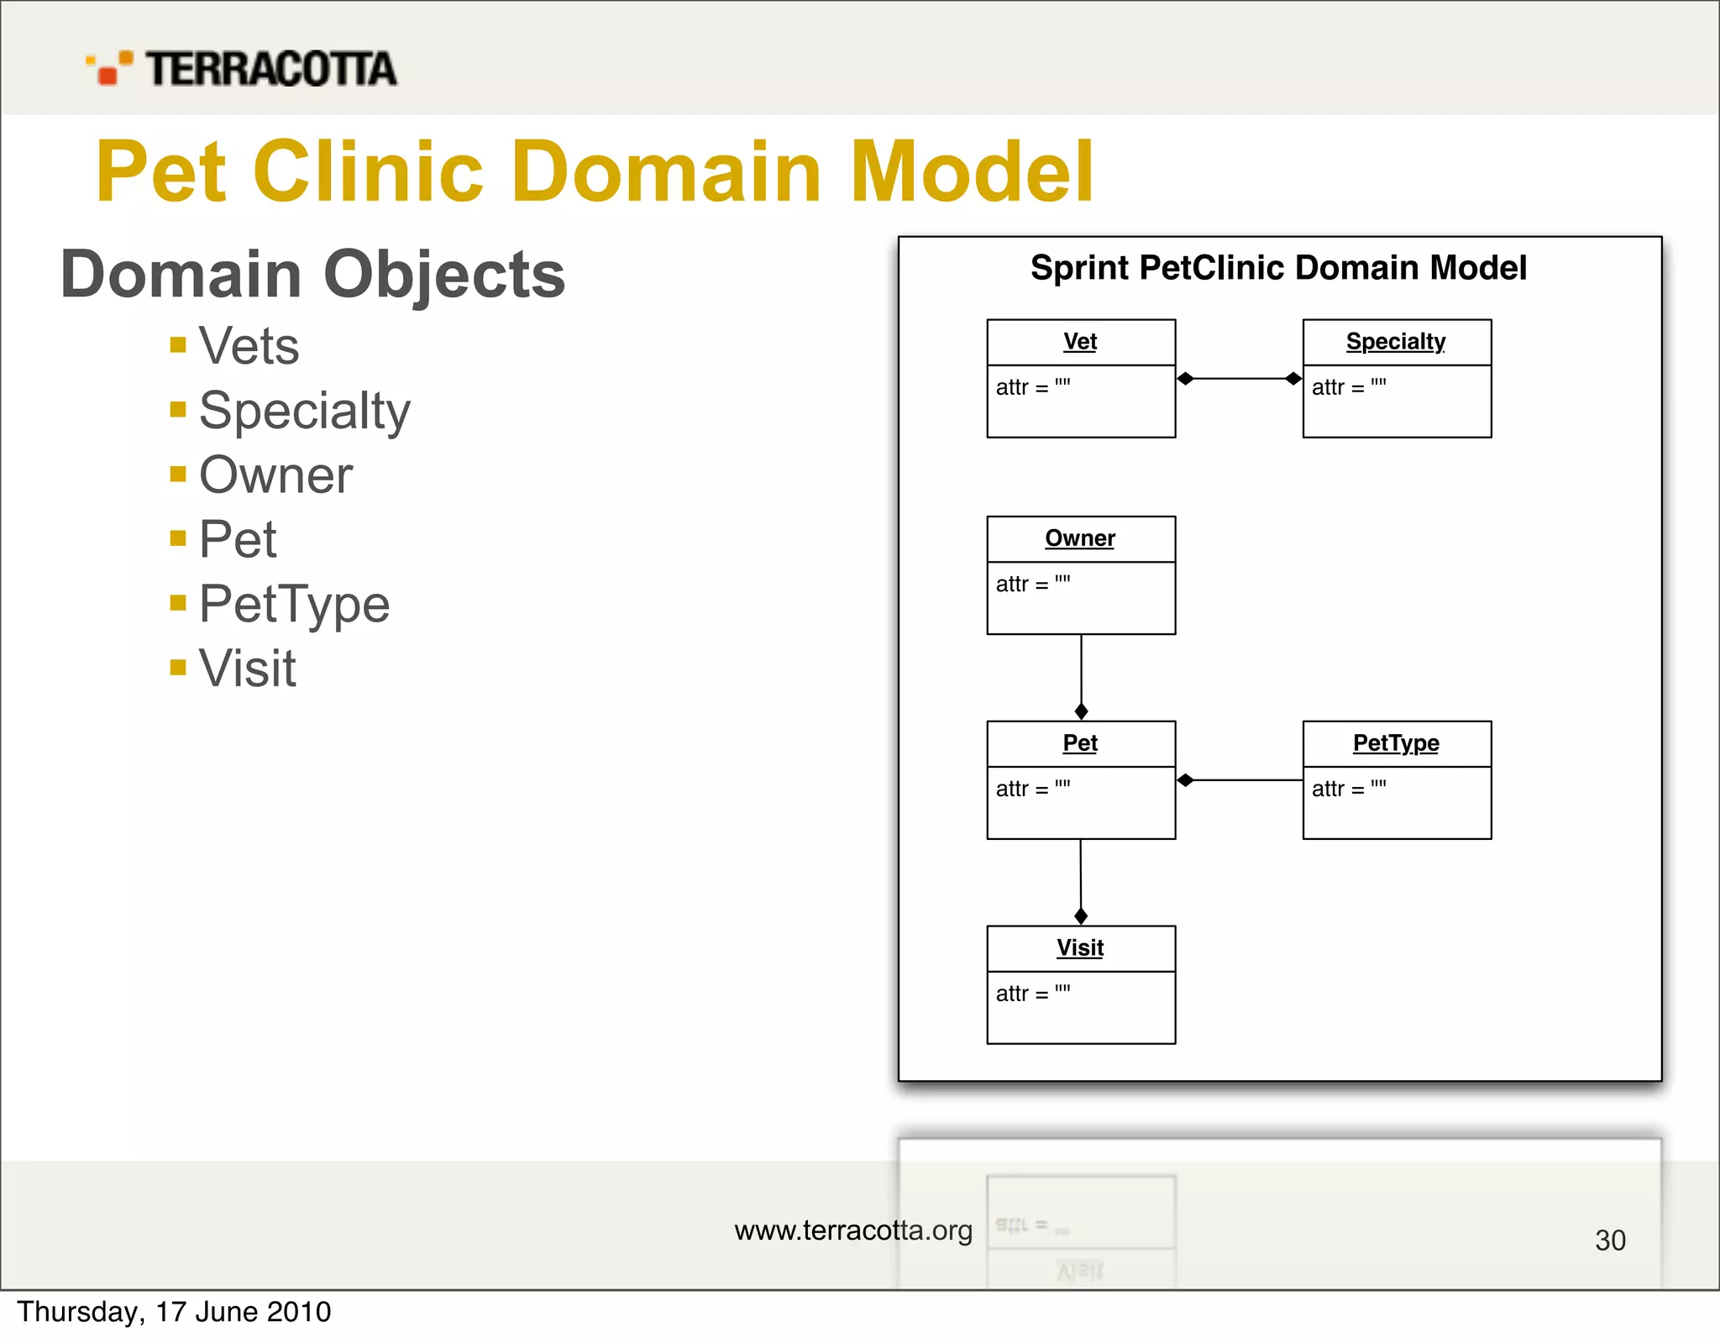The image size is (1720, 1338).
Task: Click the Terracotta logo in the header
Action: tap(242, 68)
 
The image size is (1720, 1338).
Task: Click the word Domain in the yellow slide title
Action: tap(667, 172)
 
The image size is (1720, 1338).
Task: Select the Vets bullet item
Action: tap(249, 345)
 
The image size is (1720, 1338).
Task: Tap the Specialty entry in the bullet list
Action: tap(304, 411)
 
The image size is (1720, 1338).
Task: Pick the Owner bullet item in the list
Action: tap(275, 475)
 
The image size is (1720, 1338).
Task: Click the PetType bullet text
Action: tap(294, 604)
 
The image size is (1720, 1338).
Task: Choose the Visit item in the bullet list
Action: tap(247, 669)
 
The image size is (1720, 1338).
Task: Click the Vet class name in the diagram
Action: tap(1080, 342)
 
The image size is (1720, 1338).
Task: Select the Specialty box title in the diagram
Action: tap(1396, 342)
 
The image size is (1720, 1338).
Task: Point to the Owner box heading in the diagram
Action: tap(1080, 538)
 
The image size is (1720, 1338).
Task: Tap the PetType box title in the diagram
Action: tap(1396, 743)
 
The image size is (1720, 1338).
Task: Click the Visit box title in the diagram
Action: tap(1080, 948)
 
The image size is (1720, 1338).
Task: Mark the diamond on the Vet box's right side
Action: tap(1186, 379)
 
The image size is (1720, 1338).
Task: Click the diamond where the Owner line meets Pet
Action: tap(1082, 711)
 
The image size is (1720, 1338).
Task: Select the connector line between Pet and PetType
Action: tap(1247, 780)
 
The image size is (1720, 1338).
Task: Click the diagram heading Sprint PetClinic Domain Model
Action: tap(1278, 268)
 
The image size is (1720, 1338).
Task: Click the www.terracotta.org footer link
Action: tap(853, 1230)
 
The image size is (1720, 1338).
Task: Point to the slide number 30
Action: tap(1610, 1241)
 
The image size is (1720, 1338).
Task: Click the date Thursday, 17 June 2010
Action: tap(174, 1312)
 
